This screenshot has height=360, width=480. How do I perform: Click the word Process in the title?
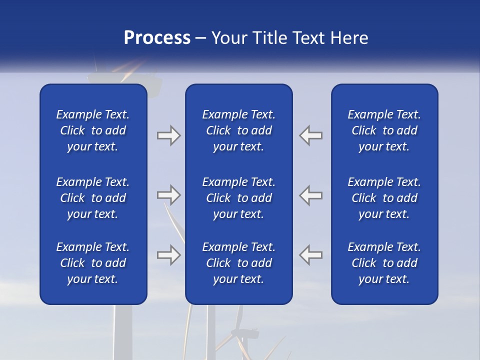point(157,38)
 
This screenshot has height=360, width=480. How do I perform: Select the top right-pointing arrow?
point(168,135)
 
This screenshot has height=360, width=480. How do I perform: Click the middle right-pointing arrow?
point(168,195)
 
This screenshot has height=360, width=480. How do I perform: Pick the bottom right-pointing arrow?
point(168,255)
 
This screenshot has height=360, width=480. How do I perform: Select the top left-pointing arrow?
point(311,135)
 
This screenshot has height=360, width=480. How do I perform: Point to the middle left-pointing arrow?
point(311,195)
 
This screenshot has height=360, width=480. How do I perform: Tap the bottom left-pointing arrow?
point(311,255)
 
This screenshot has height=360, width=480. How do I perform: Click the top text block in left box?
point(93,130)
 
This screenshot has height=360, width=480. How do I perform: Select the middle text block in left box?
point(93,198)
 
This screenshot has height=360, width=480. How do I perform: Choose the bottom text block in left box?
point(93,263)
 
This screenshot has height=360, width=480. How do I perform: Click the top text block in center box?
point(238,130)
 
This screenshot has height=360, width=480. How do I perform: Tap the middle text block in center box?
point(238,198)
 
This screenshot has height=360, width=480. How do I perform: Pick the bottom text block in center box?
point(238,263)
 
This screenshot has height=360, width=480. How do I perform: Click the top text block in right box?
point(384,130)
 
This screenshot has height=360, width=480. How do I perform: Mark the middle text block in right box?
point(384,198)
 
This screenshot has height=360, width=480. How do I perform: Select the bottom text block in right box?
point(384,263)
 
